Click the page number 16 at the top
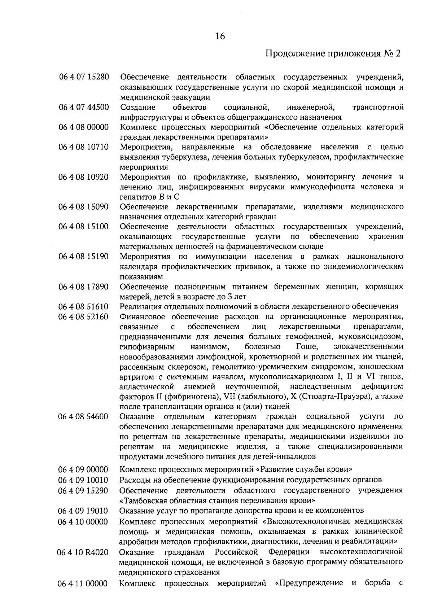[220, 36]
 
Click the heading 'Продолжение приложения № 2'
[333, 54]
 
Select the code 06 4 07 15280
[83, 77]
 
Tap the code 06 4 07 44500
[83, 107]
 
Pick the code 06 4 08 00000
[83, 127]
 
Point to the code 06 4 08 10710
[83, 147]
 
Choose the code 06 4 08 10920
[83, 177]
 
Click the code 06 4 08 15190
[83, 257]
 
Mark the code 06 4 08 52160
[83, 317]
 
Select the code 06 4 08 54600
[83, 417]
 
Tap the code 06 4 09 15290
[83, 491]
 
